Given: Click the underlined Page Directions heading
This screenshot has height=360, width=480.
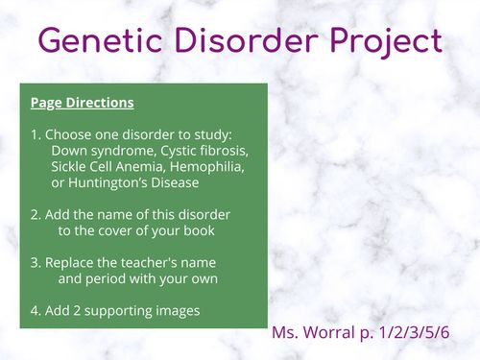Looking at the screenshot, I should point(82,102).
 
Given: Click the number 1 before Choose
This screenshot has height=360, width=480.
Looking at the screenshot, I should point(35,135).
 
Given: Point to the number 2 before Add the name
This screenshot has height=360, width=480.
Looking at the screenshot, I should point(35,214).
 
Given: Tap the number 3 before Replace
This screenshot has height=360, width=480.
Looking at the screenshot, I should point(35,262).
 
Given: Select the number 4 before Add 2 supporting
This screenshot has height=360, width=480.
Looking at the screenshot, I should point(35,310).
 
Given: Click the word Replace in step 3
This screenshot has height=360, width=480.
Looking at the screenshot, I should point(73,262).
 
